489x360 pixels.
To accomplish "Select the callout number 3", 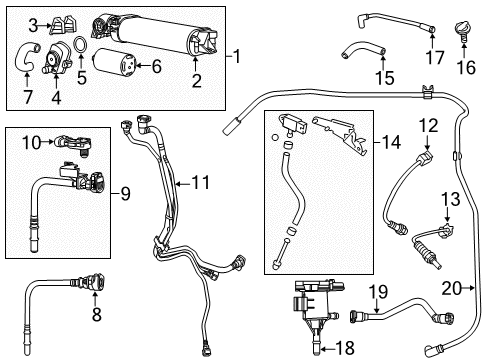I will (x=32, y=24).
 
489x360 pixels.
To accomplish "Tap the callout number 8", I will (x=97, y=315).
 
